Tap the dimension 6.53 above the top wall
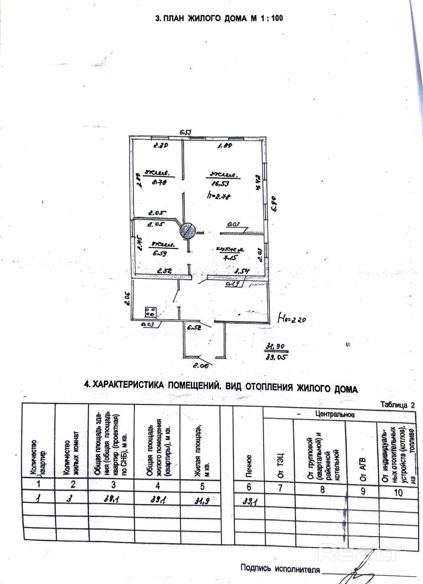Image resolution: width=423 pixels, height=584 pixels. click(x=185, y=132)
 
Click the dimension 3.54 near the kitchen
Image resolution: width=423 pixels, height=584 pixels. click(x=242, y=272)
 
